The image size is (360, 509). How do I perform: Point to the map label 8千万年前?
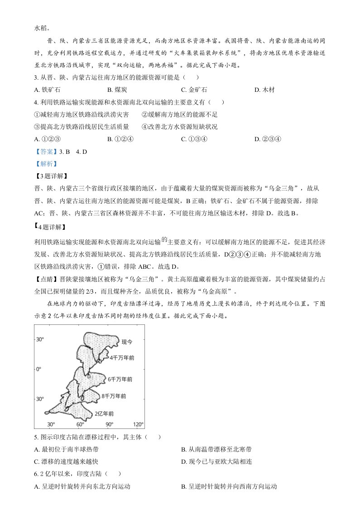point(114,396)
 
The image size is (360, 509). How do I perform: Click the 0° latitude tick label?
point(39,369)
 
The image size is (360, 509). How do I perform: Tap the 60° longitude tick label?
point(80,424)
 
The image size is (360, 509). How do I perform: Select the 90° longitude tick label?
point(109,424)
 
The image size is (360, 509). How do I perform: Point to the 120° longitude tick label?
point(138,424)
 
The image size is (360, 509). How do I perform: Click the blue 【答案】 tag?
point(44,152)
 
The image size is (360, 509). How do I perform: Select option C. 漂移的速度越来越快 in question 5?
point(66,461)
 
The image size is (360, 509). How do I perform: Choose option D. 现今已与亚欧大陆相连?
point(216,461)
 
